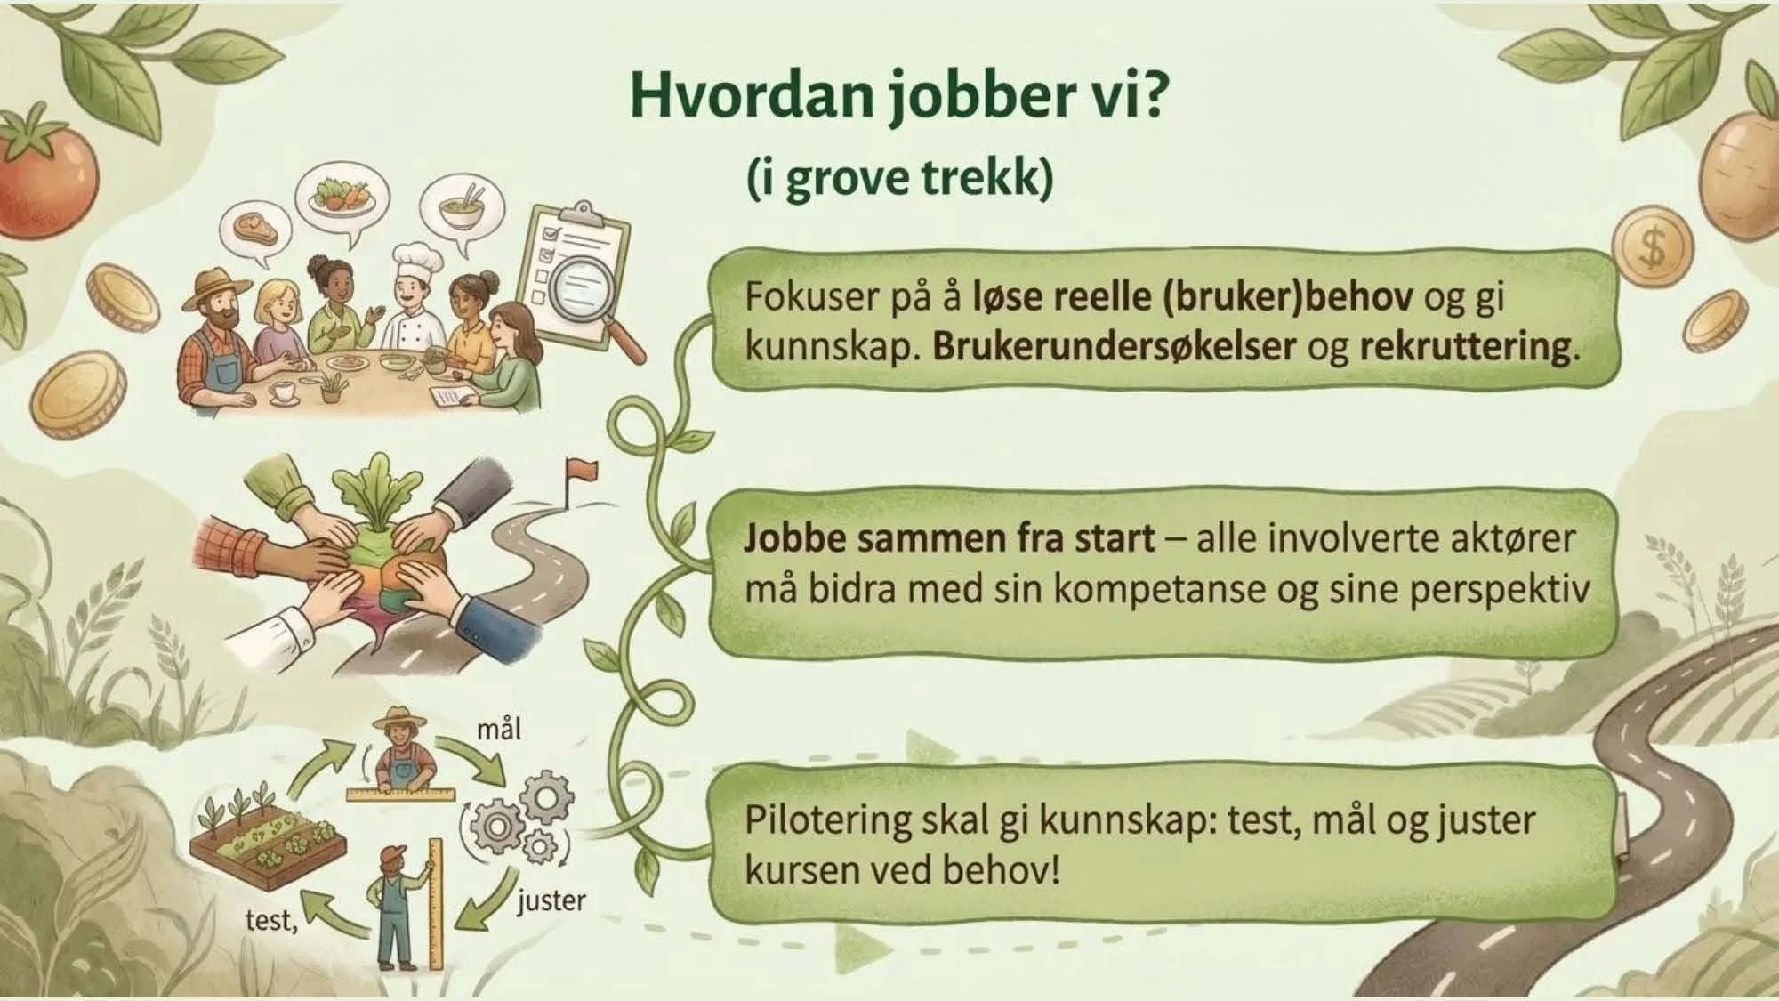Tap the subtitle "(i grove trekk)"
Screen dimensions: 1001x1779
(899, 178)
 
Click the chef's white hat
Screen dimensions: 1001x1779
(417, 259)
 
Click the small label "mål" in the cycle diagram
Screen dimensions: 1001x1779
(499, 731)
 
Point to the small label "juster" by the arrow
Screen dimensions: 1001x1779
(551, 900)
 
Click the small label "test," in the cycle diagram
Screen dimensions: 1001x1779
(270, 919)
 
